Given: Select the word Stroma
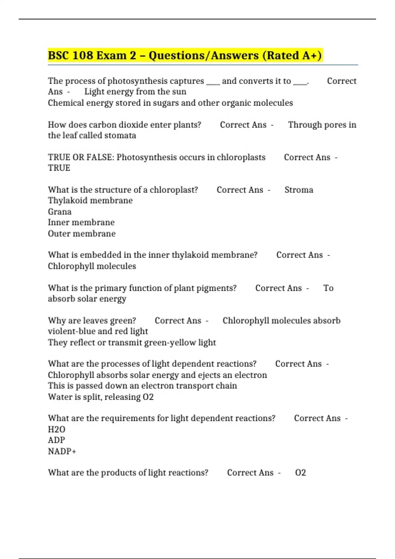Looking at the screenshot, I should coord(299,190).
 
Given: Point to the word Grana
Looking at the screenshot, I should coord(60,211).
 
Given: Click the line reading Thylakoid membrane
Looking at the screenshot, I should coord(90,201).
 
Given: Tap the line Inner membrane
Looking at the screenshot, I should coord(81,222).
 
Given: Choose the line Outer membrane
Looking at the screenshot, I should coord(82,233).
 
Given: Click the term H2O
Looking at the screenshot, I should coord(57,429).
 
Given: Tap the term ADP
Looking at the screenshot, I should coord(56,440).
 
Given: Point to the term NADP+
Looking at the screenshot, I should coord(62,451).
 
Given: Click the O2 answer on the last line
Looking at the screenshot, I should coord(301,473).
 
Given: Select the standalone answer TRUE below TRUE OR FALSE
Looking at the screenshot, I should coord(59,168).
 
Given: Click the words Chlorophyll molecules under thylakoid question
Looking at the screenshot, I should coord(92,266).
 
